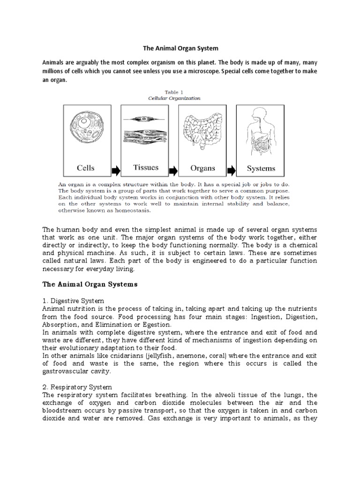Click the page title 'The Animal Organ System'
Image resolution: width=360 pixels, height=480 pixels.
(x=180, y=48)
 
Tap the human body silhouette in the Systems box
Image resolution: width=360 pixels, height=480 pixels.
(x=261, y=131)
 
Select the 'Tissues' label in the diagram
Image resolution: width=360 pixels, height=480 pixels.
(x=145, y=167)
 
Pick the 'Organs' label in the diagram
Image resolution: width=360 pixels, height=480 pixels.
(x=202, y=168)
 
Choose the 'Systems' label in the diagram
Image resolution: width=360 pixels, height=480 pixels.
(x=261, y=168)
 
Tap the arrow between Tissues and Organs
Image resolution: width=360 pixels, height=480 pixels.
(x=173, y=168)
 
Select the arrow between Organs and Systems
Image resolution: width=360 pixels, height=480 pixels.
(x=231, y=168)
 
